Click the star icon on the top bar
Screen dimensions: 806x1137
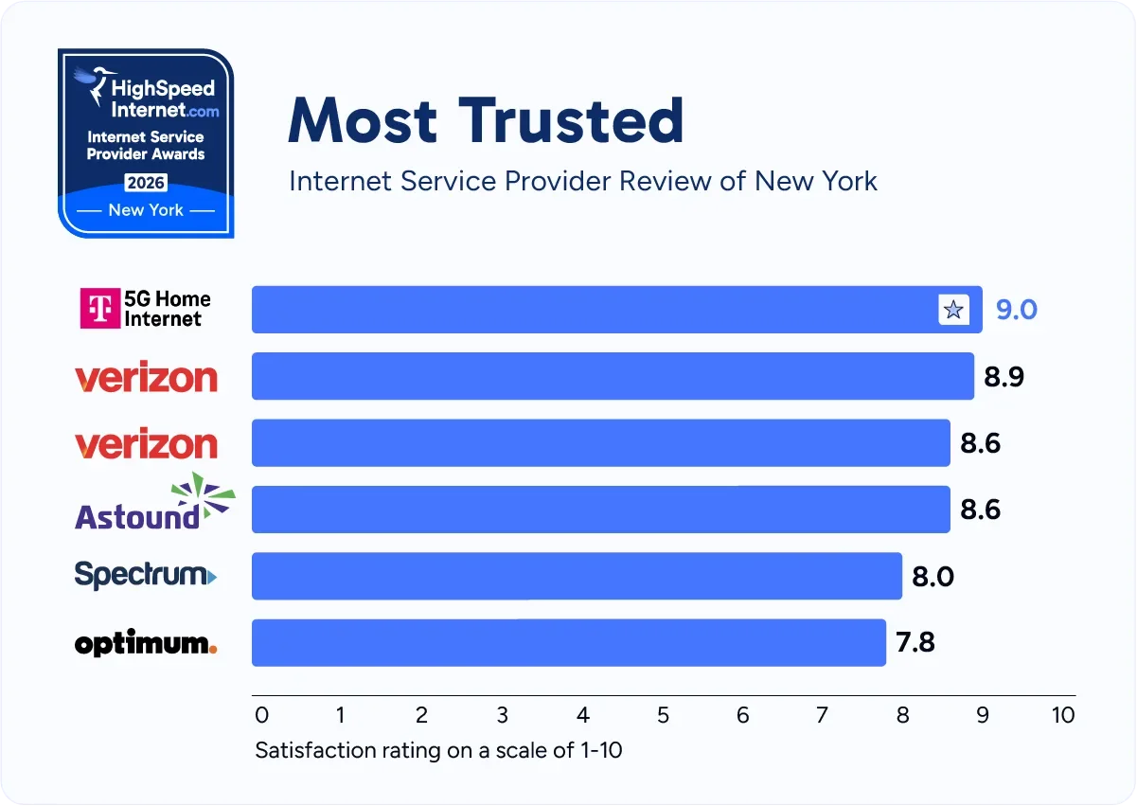pyautogui.click(x=953, y=310)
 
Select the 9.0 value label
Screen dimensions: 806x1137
pyautogui.click(x=1016, y=310)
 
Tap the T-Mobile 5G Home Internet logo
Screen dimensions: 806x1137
pyautogui.click(x=145, y=309)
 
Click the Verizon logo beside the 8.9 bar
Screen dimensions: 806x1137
pyautogui.click(x=146, y=378)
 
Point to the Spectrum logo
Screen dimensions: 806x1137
pyautogui.click(x=145, y=575)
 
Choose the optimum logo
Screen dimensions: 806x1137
pyautogui.click(x=146, y=644)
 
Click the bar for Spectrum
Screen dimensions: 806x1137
pyautogui.click(x=577, y=576)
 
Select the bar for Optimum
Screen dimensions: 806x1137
pyautogui.click(x=568, y=643)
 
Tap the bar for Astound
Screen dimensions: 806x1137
pyautogui.click(x=600, y=510)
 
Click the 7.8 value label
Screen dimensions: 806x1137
pyautogui.click(x=915, y=643)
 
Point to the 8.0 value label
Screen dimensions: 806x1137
pyautogui.click(x=933, y=576)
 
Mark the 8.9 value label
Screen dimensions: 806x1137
pyautogui.click(x=1004, y=377)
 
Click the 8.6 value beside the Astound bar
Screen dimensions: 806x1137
pyautogui.click(x=980, y=510)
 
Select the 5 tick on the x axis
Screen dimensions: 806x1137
pyautogui.click(x=663, y=715)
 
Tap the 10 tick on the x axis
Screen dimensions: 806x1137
pyautogui.click(x=1063, y=715)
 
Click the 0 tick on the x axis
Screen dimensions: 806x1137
pyautogui.click(x=261, y=715)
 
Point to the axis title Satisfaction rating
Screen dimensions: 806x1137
pyautogui.click(x=438, y=751)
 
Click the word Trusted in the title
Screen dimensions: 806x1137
pyautogui.click(x=571, y=121)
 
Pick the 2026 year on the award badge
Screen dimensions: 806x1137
pyautogui.click(x=146, y=182)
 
